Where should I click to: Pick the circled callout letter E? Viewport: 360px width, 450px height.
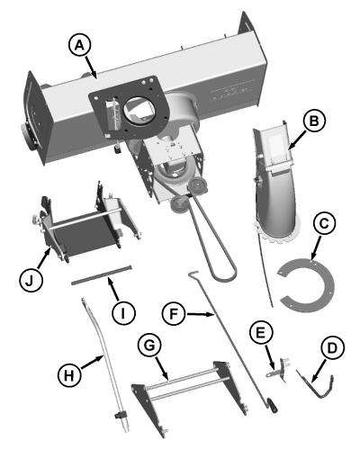coord(260,334)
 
